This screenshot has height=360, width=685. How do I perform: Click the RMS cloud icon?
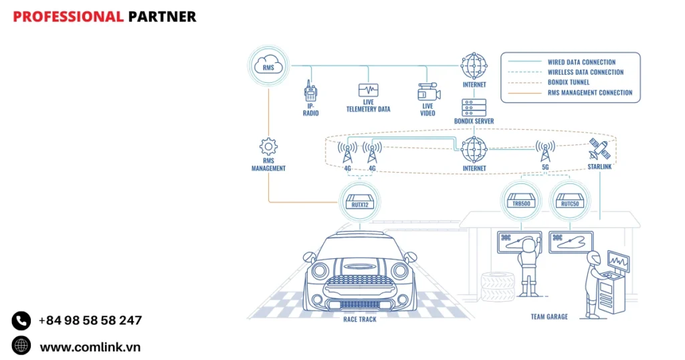point(269,65)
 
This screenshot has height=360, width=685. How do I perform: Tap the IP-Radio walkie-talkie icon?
point(310,91)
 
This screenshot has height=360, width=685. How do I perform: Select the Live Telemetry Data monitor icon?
point(368,90)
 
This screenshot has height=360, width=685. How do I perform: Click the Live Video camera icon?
point(427,92)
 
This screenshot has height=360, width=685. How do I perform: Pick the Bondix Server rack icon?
point(474,107)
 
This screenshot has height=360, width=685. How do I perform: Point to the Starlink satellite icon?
point(597,148)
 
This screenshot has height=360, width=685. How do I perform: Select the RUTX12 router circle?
point(360,199)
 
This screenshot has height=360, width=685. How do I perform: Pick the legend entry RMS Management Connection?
point(589,93)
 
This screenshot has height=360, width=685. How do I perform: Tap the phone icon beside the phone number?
point(21,321)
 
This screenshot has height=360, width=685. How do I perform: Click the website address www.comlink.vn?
point(90,347)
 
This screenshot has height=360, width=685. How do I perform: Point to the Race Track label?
point(360,319)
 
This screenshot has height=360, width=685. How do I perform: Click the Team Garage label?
point(549,317)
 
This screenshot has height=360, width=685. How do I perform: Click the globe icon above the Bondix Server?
point(474,66)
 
